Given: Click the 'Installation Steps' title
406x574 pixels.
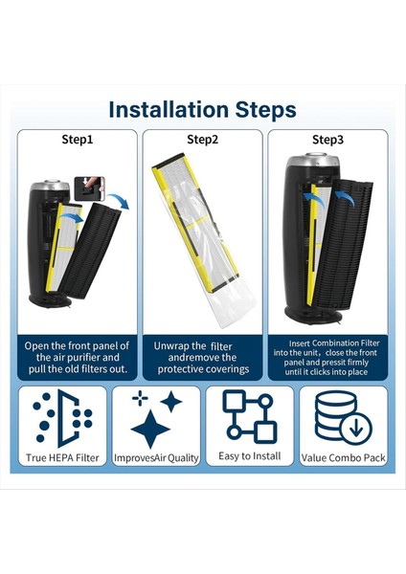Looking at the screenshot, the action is [x=203, y=109].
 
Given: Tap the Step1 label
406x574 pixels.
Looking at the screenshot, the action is [x=78, y=140].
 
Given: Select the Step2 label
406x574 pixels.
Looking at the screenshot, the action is [x=203, y=140].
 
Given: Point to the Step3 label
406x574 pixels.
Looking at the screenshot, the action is [x=327, y=140].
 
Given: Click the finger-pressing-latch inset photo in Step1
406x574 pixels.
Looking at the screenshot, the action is [x=89, y=188].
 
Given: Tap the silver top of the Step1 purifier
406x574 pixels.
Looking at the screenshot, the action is [x=50, y=186].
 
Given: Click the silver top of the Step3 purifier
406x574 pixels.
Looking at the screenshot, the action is [x=313, y=160].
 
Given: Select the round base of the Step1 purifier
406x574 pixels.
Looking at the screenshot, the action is [x=50, y=301].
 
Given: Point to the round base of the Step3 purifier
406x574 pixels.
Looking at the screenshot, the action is [x=312, y=317].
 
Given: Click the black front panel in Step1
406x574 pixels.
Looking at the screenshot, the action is [x=90, y=250].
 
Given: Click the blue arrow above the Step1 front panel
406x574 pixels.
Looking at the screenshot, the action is [x=120, y=201].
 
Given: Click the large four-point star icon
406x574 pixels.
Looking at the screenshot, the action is [x=150, y=429].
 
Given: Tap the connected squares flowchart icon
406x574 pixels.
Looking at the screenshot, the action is [x=250, y=416].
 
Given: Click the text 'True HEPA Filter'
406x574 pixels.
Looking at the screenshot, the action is [x=62, y=458].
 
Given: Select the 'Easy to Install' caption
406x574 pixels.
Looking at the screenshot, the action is [x=250, y=456].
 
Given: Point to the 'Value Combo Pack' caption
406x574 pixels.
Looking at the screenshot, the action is [x=344, y=458].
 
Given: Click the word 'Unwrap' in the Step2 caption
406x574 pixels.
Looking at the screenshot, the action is [x=169, y=346].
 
